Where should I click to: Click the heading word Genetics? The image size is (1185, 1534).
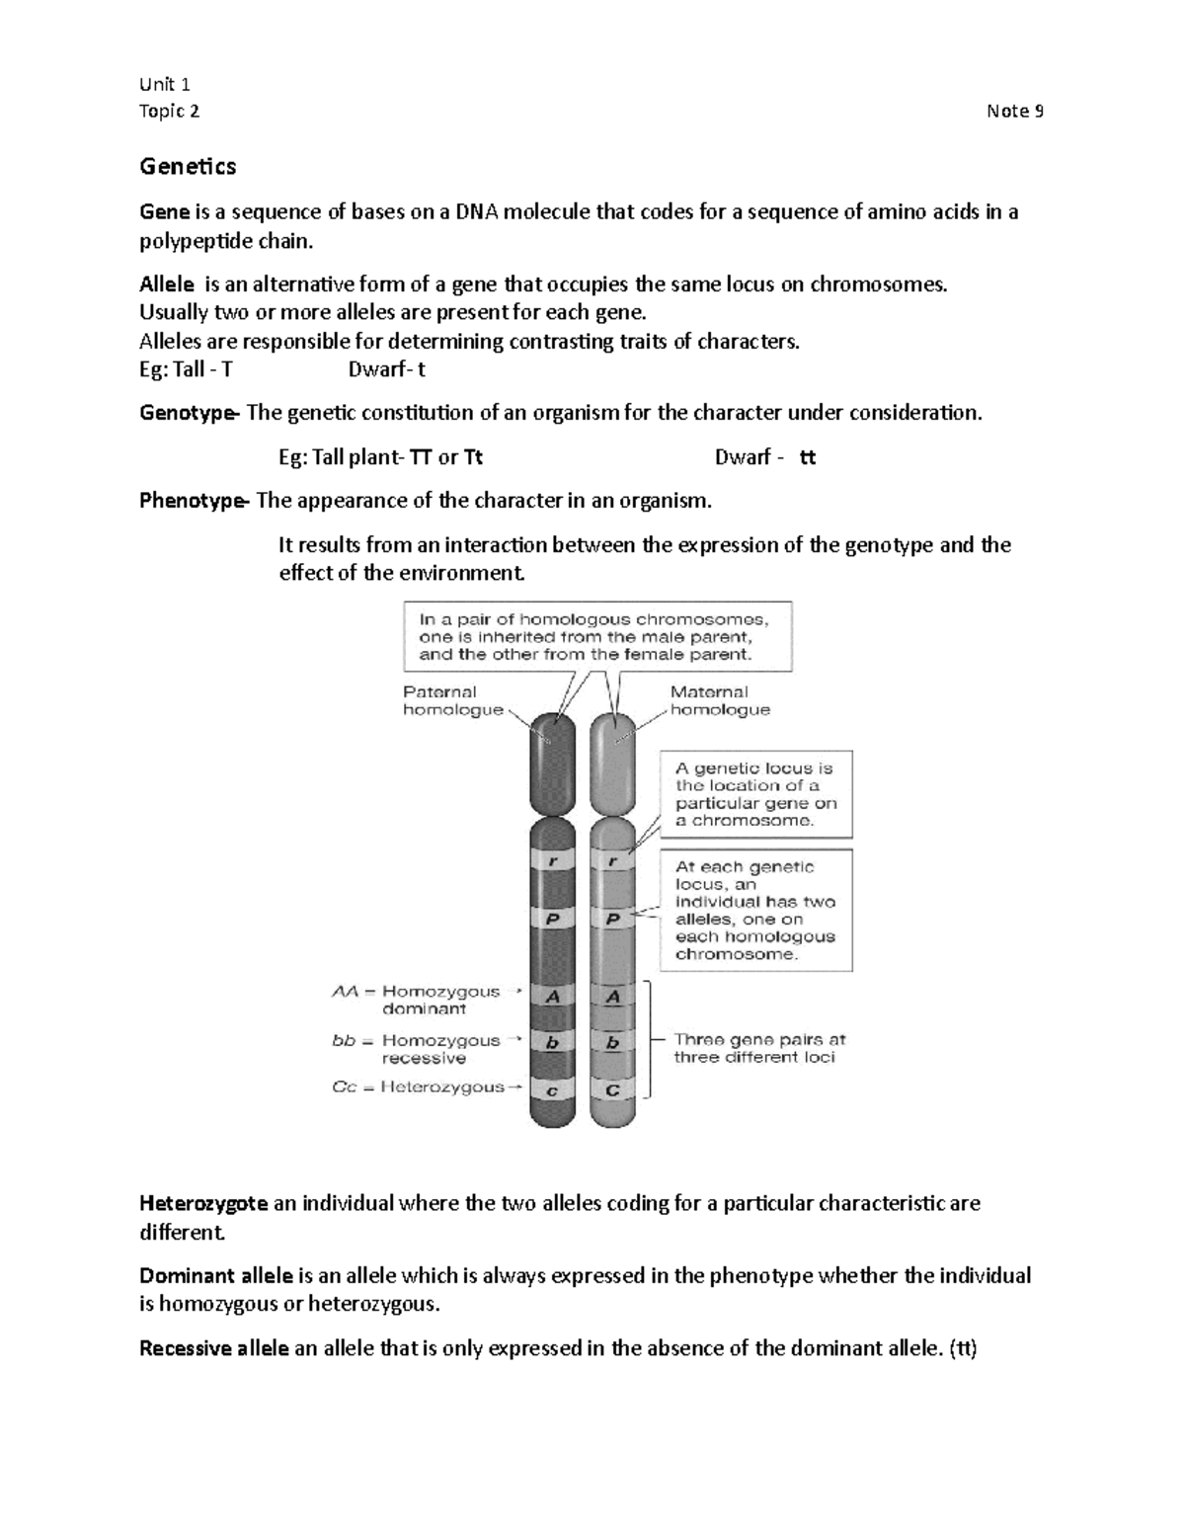188,166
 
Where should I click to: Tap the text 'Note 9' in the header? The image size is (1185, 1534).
1014,111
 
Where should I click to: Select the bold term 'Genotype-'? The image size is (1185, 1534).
189,413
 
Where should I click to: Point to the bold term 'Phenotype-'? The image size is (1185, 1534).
194,501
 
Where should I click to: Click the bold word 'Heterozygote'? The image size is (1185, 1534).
203,1203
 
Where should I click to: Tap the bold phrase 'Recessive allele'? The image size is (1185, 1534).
214,1348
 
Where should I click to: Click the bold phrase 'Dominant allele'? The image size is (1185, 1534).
215,1275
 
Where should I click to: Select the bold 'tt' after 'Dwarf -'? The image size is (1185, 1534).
807,457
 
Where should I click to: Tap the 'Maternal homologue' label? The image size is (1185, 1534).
720,700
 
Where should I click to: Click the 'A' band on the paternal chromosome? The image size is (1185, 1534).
553,997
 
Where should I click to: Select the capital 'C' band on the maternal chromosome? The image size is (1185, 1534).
613,1090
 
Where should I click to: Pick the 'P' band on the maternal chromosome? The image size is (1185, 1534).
613,919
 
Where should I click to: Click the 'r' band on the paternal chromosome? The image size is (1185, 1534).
553,861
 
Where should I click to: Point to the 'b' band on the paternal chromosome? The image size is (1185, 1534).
553,1043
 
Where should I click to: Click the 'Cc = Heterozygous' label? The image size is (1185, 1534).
419,1087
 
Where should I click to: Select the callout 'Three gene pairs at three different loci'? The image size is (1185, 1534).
758,1048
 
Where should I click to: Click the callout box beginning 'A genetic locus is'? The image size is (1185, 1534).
755,794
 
